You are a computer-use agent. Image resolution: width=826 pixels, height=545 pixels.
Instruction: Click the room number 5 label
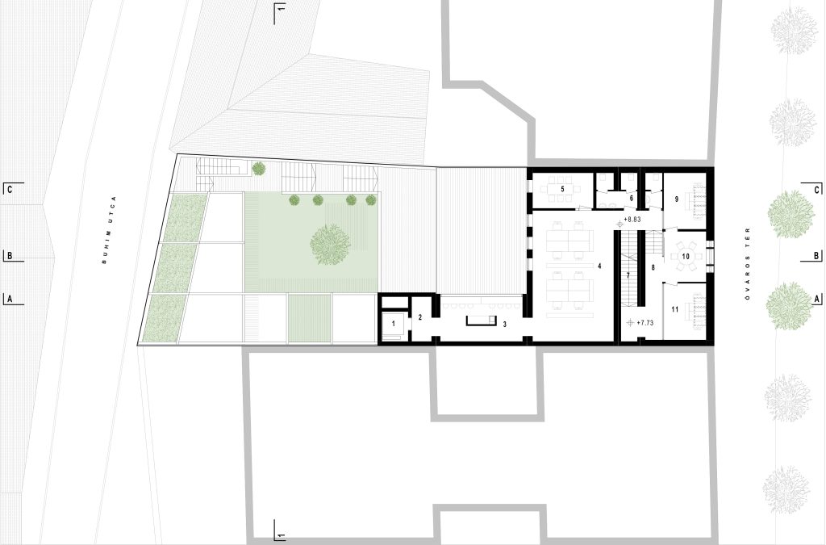562,189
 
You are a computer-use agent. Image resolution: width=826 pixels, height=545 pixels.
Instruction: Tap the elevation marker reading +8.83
632,220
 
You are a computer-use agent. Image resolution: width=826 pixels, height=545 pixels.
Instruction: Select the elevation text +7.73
645,323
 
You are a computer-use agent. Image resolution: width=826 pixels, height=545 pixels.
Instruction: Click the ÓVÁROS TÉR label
747,263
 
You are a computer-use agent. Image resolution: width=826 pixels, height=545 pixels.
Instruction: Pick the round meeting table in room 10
686,257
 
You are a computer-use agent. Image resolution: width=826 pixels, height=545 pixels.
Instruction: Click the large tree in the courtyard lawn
330,244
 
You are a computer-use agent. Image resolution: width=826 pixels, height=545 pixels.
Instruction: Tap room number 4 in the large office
599,266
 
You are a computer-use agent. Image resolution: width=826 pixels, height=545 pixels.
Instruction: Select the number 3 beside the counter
505,325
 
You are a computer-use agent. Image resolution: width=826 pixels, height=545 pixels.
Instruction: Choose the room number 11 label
675,309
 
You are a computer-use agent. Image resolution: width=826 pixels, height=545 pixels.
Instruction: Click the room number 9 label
677,199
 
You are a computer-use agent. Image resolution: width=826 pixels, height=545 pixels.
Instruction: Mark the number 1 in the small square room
394,324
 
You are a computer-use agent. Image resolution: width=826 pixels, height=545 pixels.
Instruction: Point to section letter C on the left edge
8,189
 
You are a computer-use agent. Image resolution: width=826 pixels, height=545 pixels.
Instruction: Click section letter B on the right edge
816,256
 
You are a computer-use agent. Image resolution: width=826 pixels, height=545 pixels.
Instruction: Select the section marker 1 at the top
281,9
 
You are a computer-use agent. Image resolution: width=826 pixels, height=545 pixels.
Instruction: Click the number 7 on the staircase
628,275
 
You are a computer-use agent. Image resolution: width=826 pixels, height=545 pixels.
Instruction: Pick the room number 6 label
631,198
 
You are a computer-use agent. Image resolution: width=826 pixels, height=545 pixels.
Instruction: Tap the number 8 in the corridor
653,268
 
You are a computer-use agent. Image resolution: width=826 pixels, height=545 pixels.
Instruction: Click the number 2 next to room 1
419,317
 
